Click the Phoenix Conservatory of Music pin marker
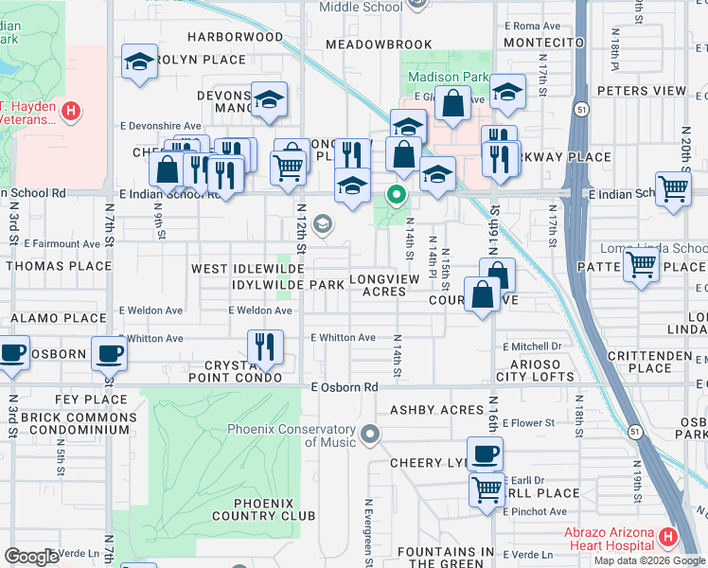click(x=370, y=435)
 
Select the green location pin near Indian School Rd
click(x=396, y=196)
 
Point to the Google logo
click(x=31, y=557)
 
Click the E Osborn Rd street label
click(x=345, y=387)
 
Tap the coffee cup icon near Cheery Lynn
click(x=485, y=454)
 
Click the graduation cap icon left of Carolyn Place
click(x=139, y=63)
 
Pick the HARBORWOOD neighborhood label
click(x=235, y=37)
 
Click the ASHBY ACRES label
click(x=436, y=410)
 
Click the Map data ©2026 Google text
click(x=649, y=560)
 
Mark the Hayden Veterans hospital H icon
click(x=69, y=113)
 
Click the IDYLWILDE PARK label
click(x=285, y=284)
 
